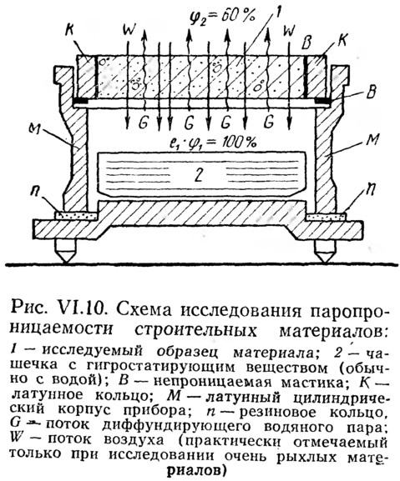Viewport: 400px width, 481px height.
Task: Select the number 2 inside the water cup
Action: coord(198,175)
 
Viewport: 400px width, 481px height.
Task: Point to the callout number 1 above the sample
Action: coord(276,15)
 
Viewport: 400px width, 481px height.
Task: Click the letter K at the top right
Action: coord(341,39)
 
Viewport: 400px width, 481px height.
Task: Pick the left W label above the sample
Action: coord(129,30)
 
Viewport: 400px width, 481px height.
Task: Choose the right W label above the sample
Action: coord(288,30)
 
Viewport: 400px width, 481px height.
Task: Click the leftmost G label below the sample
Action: coord(143,123)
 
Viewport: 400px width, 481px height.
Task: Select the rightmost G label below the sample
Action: coord(269,123)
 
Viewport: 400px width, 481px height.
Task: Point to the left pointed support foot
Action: coord(65,251)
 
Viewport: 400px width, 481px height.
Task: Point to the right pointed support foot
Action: coord(324,251)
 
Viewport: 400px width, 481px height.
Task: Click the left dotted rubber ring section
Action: coord(76,215)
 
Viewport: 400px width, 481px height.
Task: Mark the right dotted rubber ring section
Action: coord(326,216)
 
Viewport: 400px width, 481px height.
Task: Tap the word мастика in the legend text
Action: coord(314,382)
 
